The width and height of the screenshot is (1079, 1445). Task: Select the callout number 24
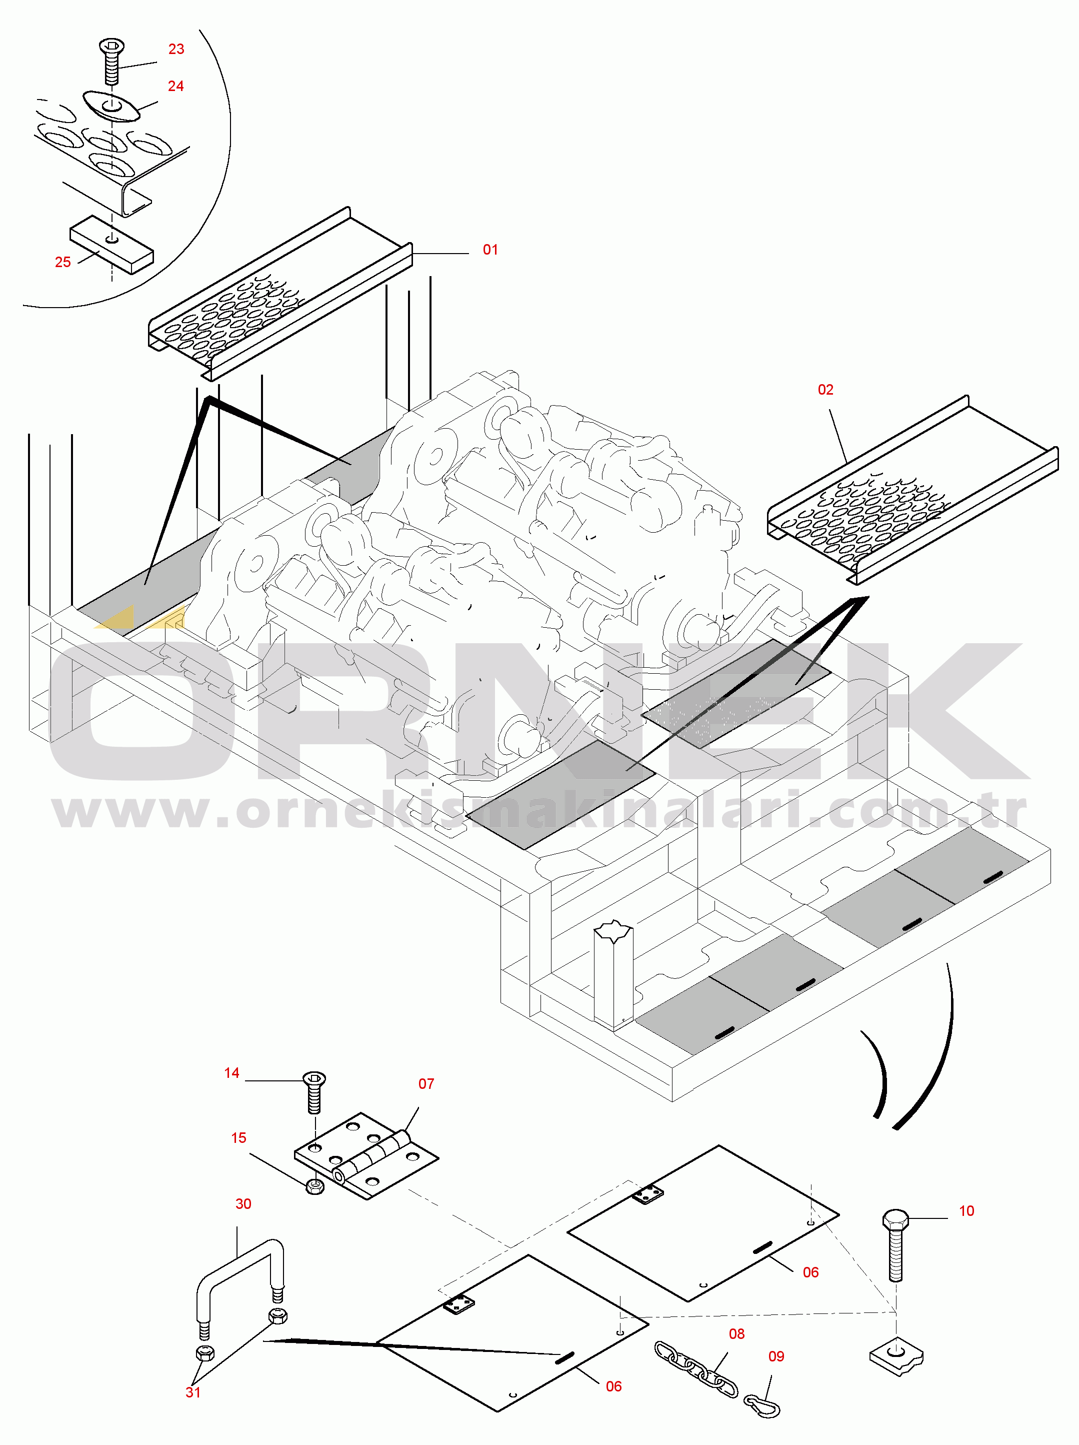click(175, 86)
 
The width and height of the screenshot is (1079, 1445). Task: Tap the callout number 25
click(62, 262)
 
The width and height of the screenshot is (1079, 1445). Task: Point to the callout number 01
click(490, 250)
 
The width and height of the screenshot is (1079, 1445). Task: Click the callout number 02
click(825, 390)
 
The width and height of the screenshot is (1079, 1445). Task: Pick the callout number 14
click(232, 1073)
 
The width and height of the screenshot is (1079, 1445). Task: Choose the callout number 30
click(243, 1203)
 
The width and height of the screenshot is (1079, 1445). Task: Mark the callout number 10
click(966, 1210)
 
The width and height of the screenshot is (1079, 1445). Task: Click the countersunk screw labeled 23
click(111, 61)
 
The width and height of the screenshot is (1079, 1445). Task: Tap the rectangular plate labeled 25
click(111, 245)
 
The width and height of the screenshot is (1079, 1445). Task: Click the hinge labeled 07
click(366, 1156)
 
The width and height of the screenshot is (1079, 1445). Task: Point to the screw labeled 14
click(314, 1092)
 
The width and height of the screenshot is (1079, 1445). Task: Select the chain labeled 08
click(696, 1369)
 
